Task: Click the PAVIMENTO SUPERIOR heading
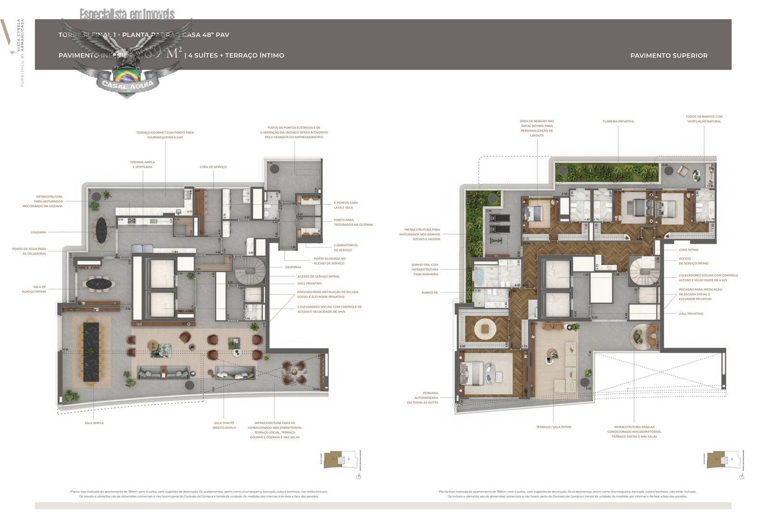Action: click(669, 56)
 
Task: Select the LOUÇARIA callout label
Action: click(38, 232)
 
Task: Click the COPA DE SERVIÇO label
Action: click(213, 167)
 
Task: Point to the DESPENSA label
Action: click(293, 267)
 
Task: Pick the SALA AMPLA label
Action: click(94, 423)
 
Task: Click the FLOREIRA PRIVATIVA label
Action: click(618, 121)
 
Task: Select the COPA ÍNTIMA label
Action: click(688, 250)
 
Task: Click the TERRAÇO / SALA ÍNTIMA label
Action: click(554, 427)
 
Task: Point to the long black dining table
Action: click(91, 352)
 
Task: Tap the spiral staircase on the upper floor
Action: click(642, 272)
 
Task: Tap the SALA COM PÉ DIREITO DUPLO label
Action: click(225, 425)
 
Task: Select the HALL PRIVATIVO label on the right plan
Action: click(691, 314)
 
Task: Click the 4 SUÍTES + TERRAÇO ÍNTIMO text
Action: click(236, 56)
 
